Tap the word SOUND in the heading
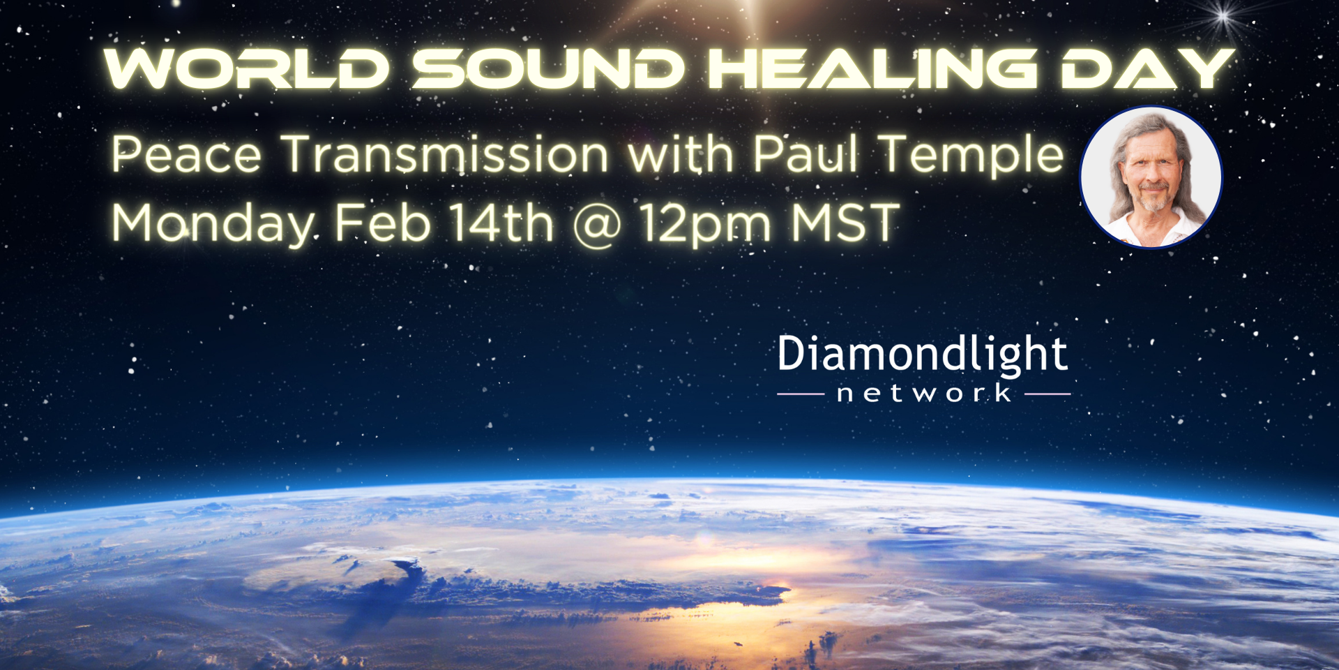coord(549,69)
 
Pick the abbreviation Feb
coord(383,223)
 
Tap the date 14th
coord(501,223)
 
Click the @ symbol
coord(597,226)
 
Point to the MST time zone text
coord(845,223)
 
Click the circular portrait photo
coord(1151,177)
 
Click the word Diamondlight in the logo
coord(922,355)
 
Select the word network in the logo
coord(924,393)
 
